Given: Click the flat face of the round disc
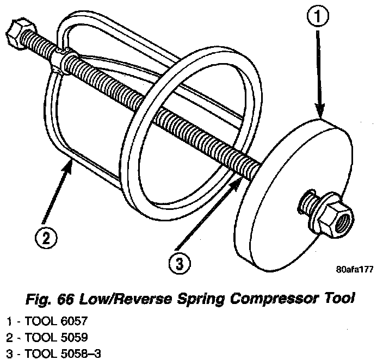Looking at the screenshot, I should click(x=277, y=218).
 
